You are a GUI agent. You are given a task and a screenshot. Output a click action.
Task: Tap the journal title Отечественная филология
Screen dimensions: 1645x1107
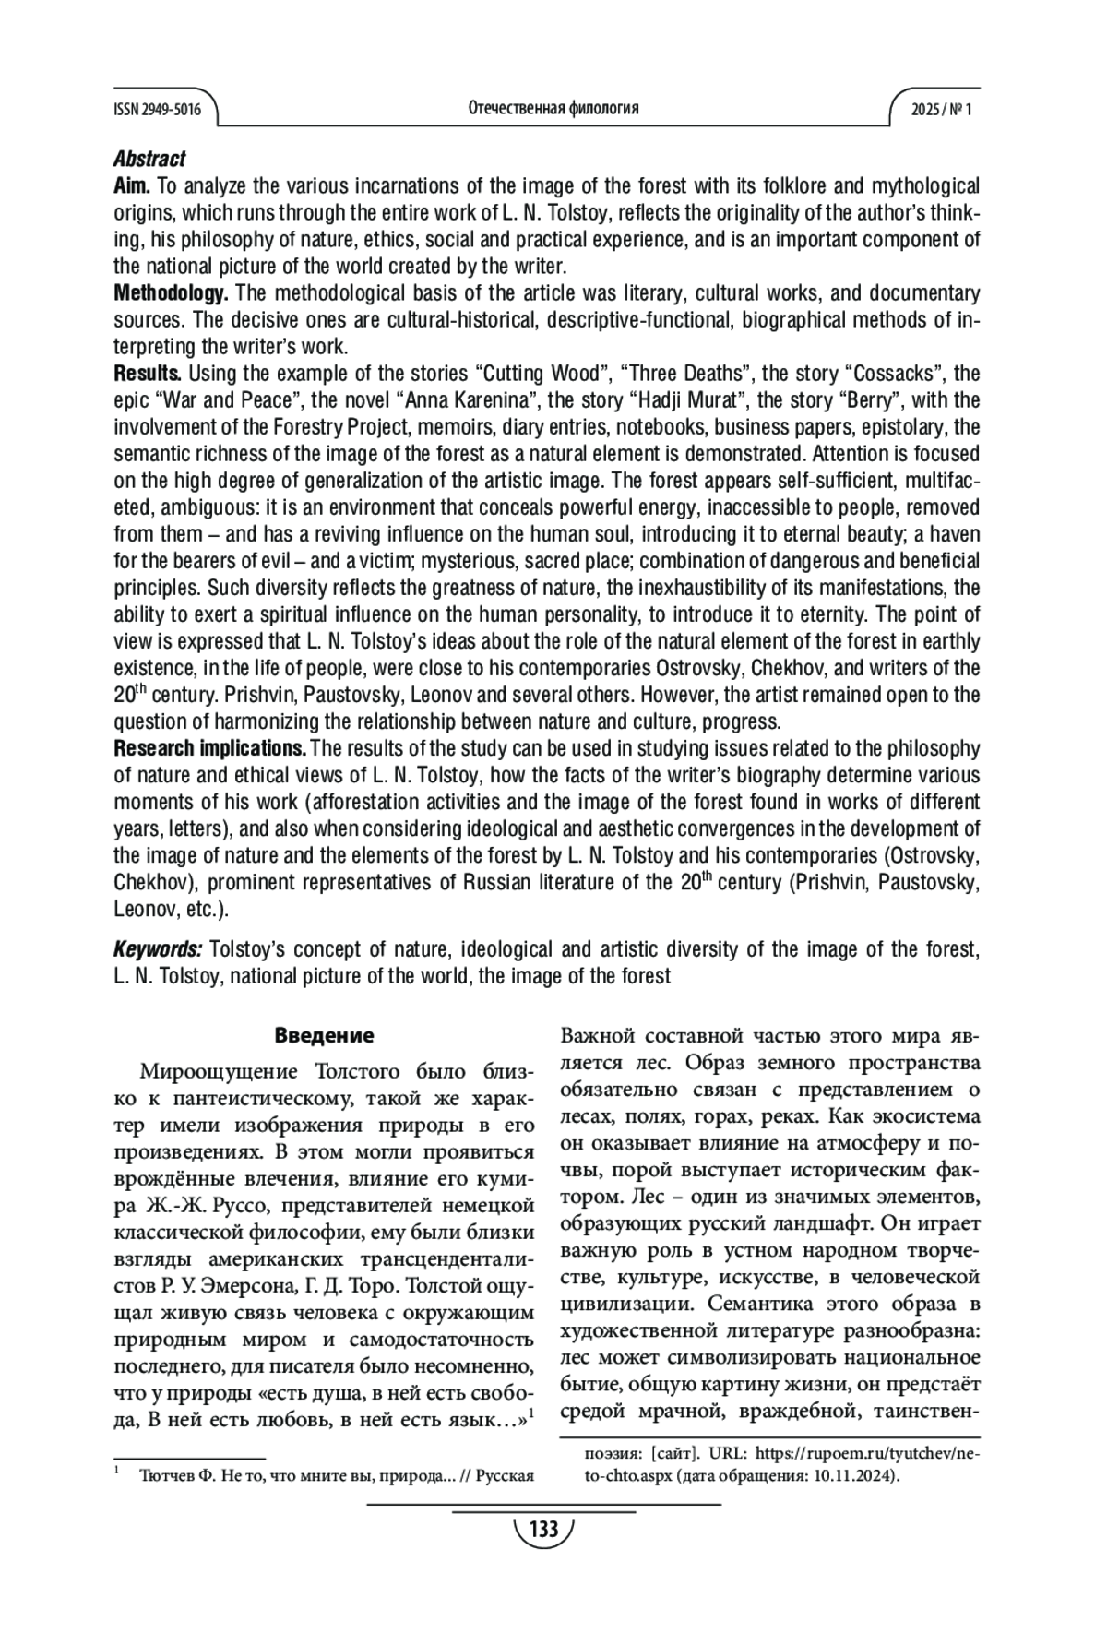click(553, 109)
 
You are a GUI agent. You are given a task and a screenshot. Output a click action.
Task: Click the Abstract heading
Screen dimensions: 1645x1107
click(149, 159)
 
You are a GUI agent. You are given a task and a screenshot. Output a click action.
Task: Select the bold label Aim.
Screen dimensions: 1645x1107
click(133, 186)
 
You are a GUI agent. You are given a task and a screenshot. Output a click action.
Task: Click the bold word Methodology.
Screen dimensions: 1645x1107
click(171, 293)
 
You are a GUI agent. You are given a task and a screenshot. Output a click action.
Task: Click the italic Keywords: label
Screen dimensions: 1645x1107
click(158, 948)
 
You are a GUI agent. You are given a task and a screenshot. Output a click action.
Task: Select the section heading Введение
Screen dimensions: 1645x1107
click(324, 1035)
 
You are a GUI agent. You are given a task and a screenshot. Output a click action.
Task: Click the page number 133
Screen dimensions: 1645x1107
click(544, 1530)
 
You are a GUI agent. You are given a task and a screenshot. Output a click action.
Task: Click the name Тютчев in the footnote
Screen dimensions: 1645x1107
click(161, 1475)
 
